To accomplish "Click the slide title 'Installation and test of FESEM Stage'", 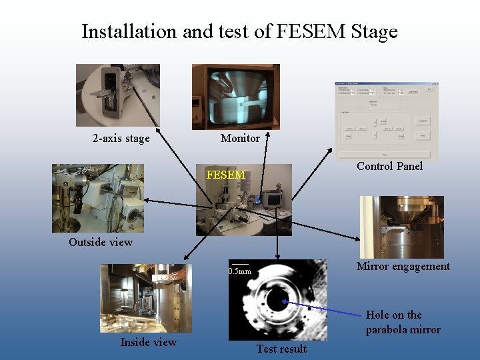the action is pyautogui.click(x=239, y=31).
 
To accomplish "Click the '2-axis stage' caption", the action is pyautogui.click(x=121, y=139).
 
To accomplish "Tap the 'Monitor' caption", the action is pyautogui.click(x=240, y=138).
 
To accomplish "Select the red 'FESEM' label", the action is pyautogui.click(x=226, y=175).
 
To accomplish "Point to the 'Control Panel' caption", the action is pyautogui.click(x=389, y=166).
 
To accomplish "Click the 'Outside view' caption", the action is pyautogui.click(x=101, y=242).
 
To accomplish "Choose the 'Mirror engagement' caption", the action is pyautogui.click(x=403, y=267).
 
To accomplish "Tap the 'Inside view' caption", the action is pyautogui.click(x=148, y=342).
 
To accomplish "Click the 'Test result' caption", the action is pyautogui.click(x=281, y=349).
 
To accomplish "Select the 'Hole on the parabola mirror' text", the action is pyautogui.click(x=403, y=322).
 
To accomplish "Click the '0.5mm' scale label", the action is pyautogui.click(x=240, y=271).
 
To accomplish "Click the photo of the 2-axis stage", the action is pyautogui.click(x=118, y=95).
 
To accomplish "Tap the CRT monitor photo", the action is pyautogui.click(x=236, y=96).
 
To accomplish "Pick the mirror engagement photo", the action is pyautogui.click(x=401, y=227).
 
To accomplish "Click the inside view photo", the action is pyautogui.click(x=146, y=298).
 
